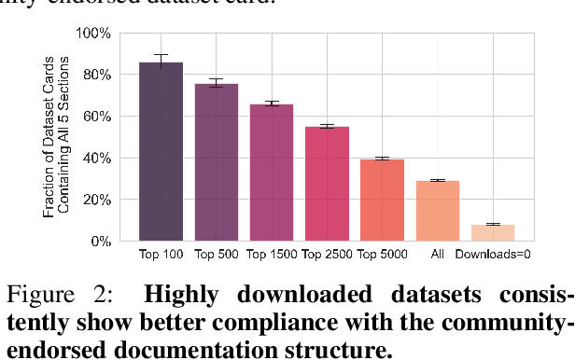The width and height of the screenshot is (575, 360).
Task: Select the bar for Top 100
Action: click(x=161, y=152)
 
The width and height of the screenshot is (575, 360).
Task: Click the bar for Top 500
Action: click(x=216, y=162)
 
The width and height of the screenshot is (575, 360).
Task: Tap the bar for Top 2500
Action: click(x=327, y=184)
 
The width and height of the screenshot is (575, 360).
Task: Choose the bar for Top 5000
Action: click(x=382, y=201)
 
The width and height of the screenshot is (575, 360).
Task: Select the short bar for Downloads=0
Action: click(x=492, y=232)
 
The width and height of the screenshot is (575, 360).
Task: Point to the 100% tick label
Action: click(x=94, y=34)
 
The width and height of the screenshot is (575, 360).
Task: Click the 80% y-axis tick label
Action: click(x=97, y=75)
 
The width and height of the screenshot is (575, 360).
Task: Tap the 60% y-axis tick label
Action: click(x=97, y=117)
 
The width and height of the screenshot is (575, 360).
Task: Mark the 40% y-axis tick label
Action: click(x=97, y=159)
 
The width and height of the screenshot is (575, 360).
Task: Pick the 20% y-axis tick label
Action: click(x=97, y=200)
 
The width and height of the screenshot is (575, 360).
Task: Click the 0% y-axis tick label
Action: click(x=100, y=242)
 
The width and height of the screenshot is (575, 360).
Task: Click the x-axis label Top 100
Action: click(x=161, y=254)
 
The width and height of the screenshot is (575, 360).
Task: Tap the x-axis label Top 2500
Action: click(x=327, y=254)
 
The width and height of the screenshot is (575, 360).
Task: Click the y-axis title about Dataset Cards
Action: click(x=57, y=137)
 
